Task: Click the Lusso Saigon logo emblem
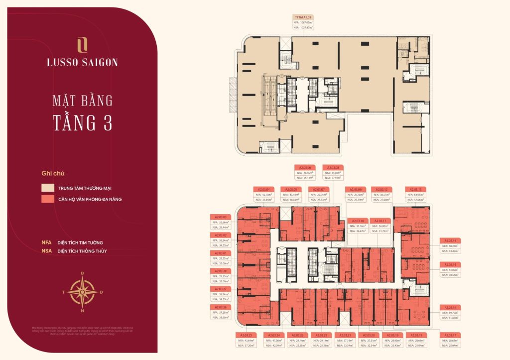click(x=83, y=44)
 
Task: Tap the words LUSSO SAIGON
click(x=83, y=63)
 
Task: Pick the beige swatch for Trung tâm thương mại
click(x=48, y=189)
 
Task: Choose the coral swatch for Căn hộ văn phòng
click(x=48, y=199)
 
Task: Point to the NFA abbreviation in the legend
click(x=47, y=242)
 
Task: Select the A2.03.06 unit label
click(x=305, y=168)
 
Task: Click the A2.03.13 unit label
click(x=416, y=190)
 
